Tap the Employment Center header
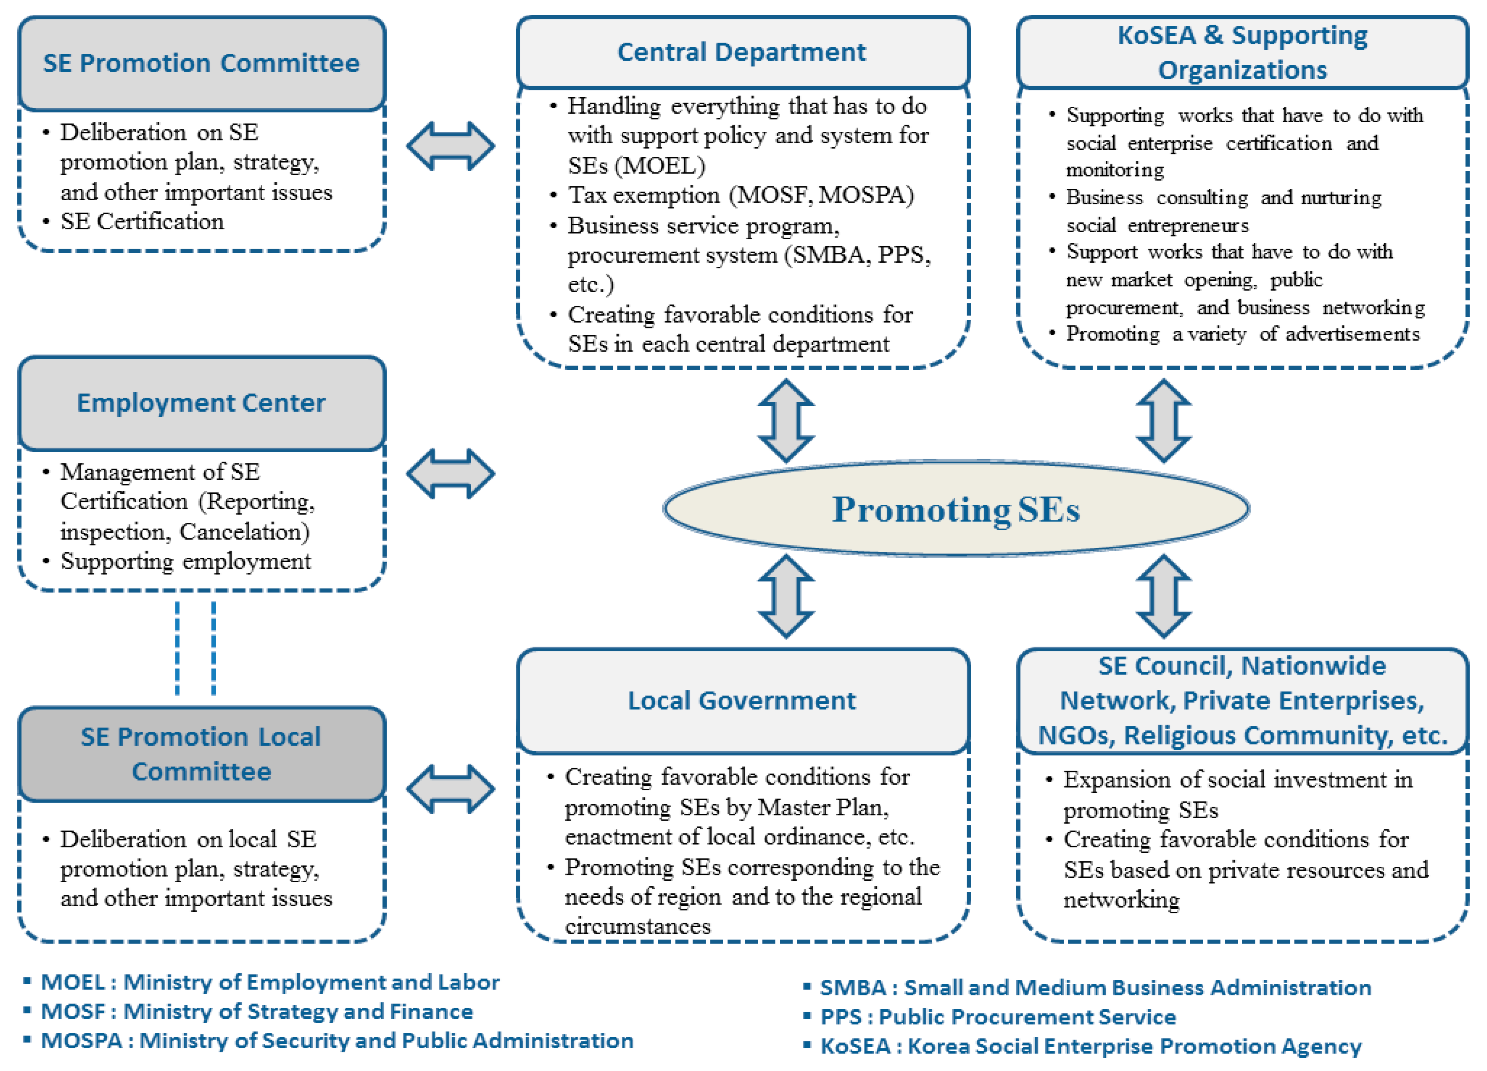click(x=201, y=403)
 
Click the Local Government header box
click(x=742, y=700)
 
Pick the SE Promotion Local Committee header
click(x=201, y=754)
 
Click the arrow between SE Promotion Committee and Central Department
click(x=451, y=146)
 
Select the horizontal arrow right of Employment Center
click(x=451, y=473)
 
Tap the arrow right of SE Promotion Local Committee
click(x=451, y=789)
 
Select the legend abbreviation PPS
click(x=841, y=1016)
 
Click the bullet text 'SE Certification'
click(x=142, y=222)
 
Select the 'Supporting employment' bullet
click(x=185, y=561)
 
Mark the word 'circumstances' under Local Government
click(x=637, y=926)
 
